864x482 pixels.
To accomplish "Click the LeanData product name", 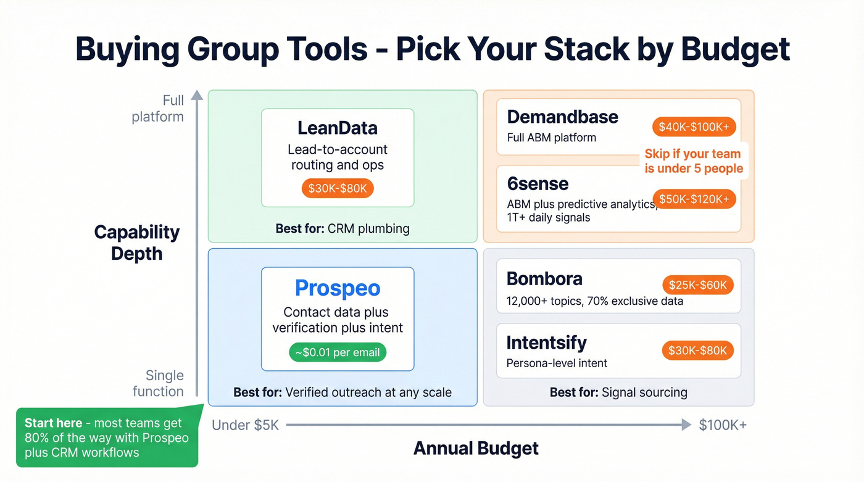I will (337, 128).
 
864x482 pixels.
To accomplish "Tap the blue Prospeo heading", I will (337, 288).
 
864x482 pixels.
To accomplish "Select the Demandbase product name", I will (562, 117).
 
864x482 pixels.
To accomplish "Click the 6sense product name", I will (538, 184).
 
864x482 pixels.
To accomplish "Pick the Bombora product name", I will (544, 279).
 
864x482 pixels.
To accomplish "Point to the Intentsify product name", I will (546, 343).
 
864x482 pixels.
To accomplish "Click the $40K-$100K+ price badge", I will (694, 127).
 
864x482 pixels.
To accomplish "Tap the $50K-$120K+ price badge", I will (694, 199).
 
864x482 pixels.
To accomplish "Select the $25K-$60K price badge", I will (697, 285).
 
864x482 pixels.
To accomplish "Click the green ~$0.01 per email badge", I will (338, 352).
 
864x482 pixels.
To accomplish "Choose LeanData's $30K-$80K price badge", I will (338, 188).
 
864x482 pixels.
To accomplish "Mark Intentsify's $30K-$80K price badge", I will (697, 351).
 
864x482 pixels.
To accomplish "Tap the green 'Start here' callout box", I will (107, 438).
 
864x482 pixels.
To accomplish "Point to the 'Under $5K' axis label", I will (245, 425).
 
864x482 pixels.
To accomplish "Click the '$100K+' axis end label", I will (723, 425).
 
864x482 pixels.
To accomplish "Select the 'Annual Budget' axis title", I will (476, 448).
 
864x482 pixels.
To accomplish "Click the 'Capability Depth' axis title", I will (136, 243).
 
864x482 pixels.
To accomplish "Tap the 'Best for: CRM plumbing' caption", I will (343, 228).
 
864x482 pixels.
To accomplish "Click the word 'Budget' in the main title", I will (736, 49).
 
